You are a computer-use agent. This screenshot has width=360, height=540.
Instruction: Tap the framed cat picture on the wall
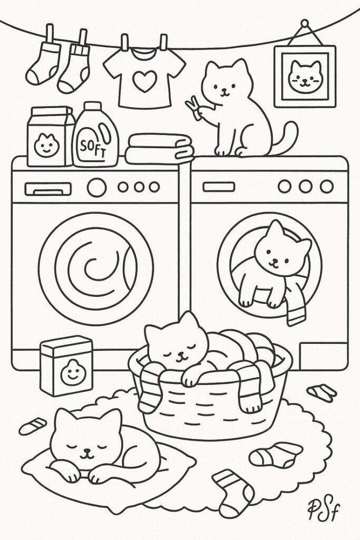305,76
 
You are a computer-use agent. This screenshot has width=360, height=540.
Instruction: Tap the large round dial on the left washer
96,187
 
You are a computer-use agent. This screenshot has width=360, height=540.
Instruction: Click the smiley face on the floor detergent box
71,373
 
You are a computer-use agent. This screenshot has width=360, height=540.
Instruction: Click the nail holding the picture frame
304,24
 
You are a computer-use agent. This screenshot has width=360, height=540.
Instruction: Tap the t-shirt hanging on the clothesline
144,79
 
